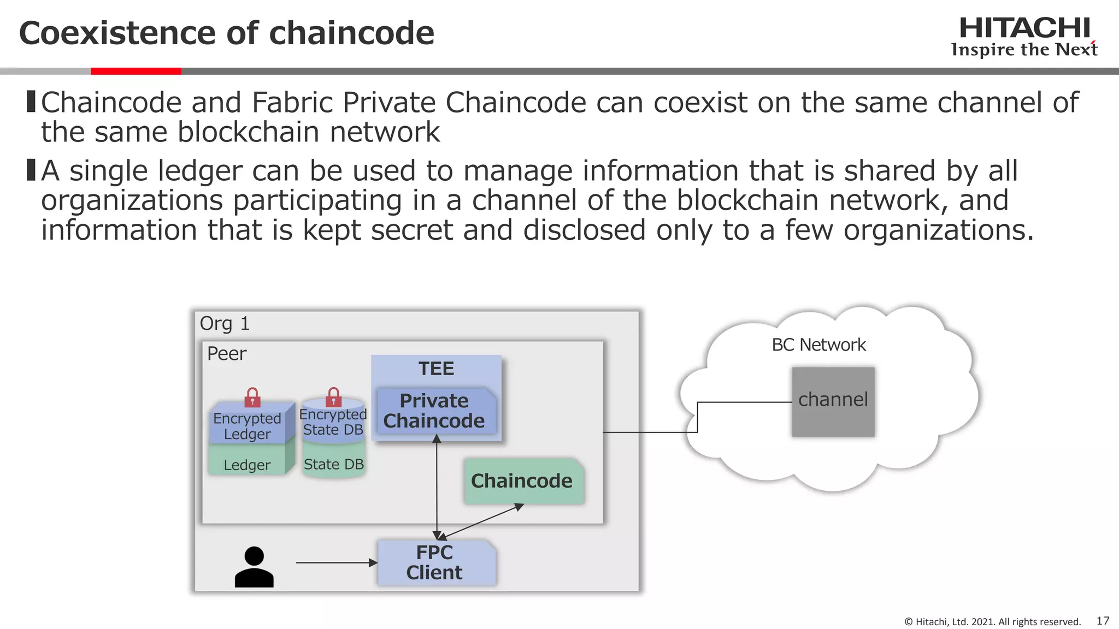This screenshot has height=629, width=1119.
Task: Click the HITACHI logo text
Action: tap(1024, 28)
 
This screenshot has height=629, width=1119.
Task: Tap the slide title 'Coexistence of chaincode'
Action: tap(226, 33)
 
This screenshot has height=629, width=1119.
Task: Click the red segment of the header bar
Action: tap(136, 71)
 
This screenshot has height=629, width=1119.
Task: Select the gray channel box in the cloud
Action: tap(833, 401)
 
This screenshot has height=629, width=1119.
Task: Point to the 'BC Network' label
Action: tap(818, 345)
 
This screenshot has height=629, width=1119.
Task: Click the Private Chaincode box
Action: tap(434, 411)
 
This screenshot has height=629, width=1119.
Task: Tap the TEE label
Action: tap(436, 369)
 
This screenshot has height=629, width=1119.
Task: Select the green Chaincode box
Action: tap(522, 480)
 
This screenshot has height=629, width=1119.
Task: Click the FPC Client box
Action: tap(435, 562)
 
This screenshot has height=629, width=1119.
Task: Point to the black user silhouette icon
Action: tap(254, 567)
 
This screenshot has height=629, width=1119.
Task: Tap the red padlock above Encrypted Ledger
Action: tap(252, 397)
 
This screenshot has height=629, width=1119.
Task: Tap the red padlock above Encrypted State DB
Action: tap(333, 397)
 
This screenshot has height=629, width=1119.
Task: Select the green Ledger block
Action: tap(247, 464)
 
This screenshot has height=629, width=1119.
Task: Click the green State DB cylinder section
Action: tap(333, 464)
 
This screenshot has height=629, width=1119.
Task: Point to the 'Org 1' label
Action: tap(225, 323)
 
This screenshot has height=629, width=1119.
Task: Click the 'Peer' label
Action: tap(226, 354)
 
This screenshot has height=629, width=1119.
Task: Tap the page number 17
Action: tap(1103, 621)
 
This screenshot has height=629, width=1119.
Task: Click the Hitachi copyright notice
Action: tap(992, 622)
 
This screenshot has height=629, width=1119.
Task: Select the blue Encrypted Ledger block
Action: tap(247, 426)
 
